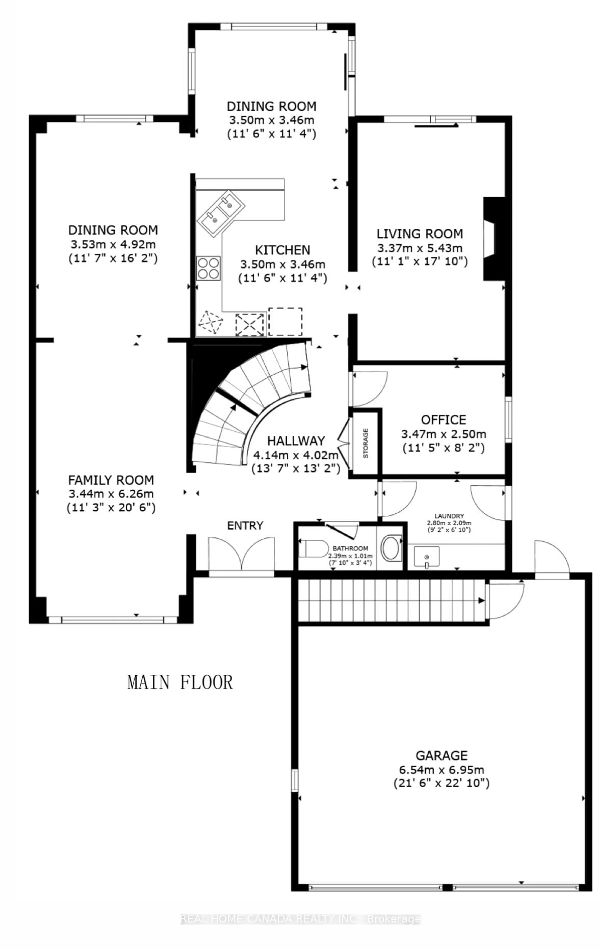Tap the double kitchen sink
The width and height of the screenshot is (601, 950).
coord(221,213)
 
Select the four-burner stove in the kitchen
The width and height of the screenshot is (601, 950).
coord(208,268)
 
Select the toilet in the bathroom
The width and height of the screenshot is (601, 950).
coord(314,548)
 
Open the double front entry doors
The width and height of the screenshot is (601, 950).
coord(241,554)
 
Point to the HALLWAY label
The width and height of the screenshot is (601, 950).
coord(296,441)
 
